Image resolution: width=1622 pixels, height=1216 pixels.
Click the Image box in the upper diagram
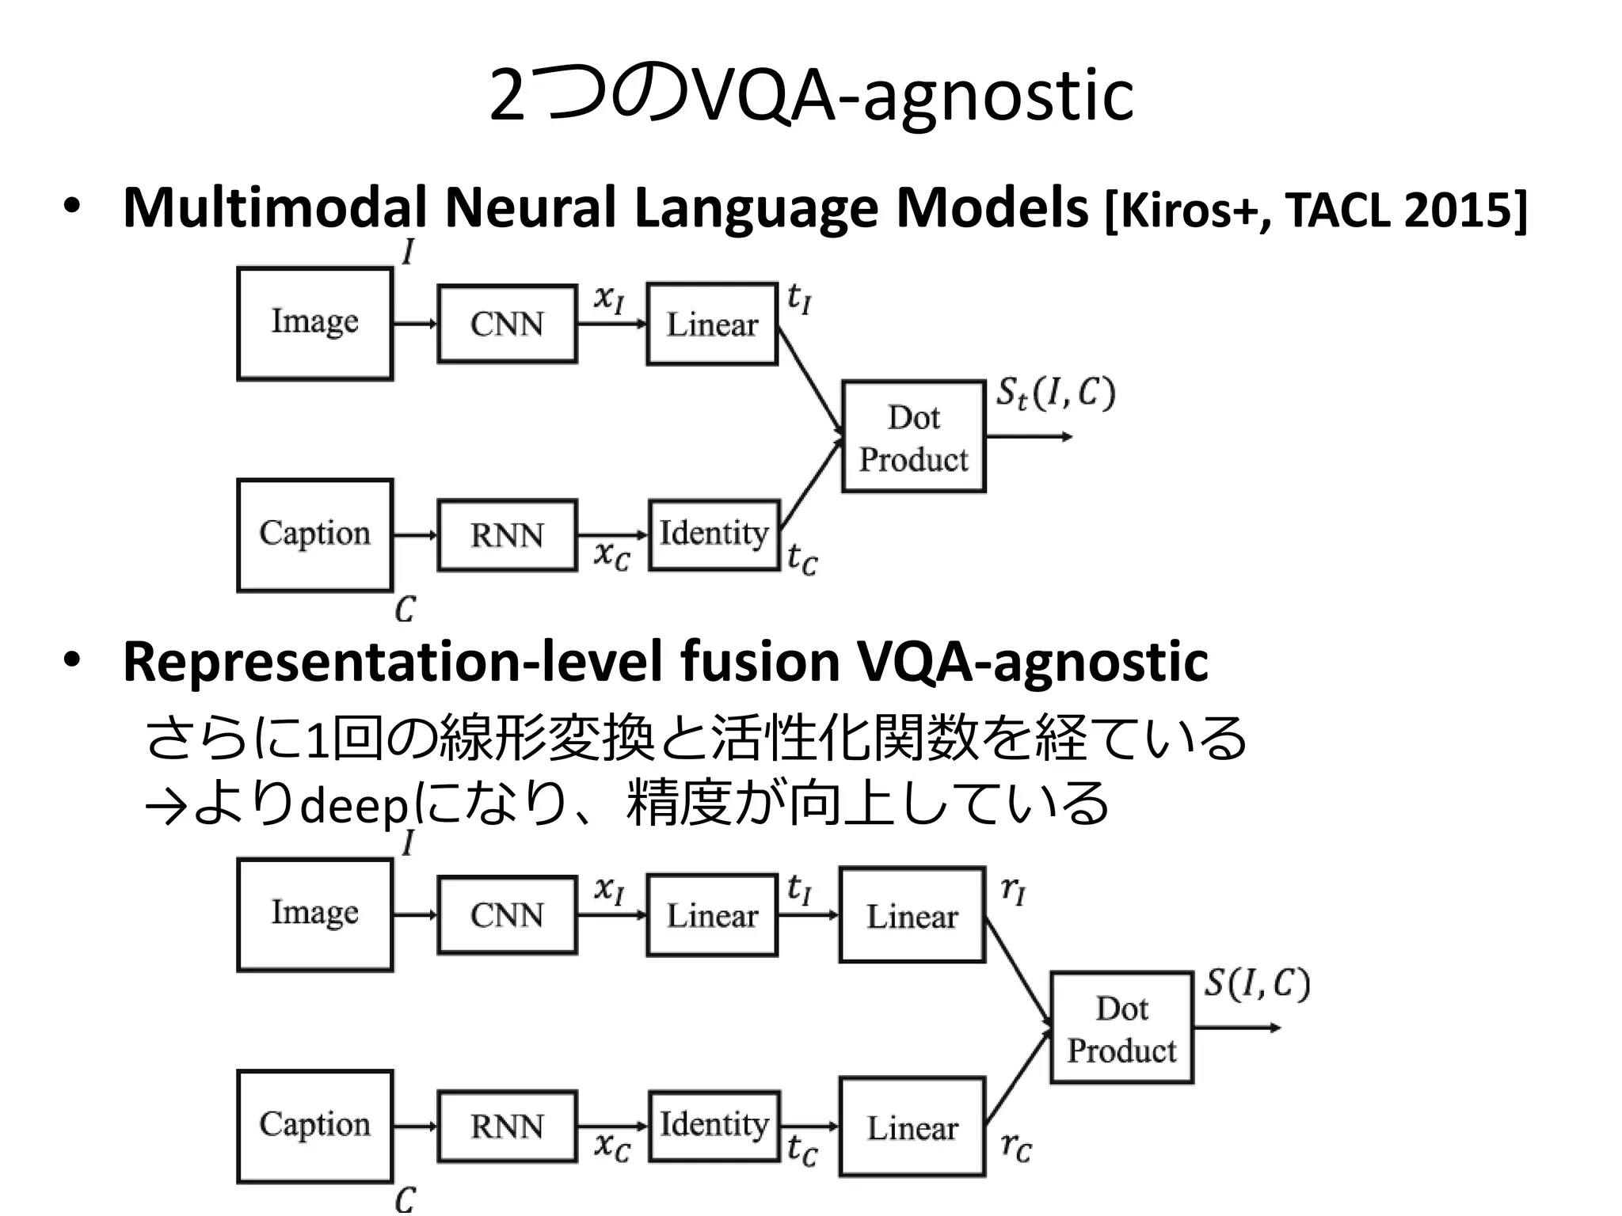(314, 323)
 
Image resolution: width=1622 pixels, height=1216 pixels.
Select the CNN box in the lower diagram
(507, 914)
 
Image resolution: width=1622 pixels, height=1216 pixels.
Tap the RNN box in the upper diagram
(507, 535)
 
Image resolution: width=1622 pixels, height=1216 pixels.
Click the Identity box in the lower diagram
(714, 1126)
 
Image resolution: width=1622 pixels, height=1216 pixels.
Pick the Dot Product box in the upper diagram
(913, 437)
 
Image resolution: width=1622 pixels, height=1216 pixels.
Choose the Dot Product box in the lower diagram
(1121, 1028)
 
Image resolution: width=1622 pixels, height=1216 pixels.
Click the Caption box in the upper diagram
(314, 534)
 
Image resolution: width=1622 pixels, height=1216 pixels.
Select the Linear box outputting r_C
(912, 1127)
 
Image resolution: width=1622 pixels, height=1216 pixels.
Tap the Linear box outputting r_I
(912, 915)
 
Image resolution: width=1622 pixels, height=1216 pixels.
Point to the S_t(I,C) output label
(1055, 393)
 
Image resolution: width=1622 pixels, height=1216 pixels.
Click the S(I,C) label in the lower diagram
(1257, 983)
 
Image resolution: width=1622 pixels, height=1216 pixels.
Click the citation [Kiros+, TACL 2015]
(1315, 211)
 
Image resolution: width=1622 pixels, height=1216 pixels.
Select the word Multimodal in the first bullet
(275, 208)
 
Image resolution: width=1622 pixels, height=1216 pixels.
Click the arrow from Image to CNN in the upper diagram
(414, 323)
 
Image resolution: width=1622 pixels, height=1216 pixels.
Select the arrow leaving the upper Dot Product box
(1028, 437)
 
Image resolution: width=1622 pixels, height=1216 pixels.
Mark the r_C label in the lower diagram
(1015, 1147)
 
